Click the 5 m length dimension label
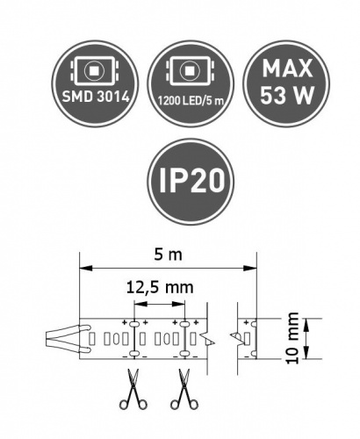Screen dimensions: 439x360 (x=168, y=255)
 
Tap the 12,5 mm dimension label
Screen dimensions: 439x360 (x=160, y=287)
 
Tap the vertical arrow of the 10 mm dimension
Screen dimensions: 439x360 (x=306, y=339)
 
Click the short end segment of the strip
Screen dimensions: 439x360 (x=245, y=339)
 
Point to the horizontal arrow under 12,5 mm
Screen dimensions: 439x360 (x=160, y=303)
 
